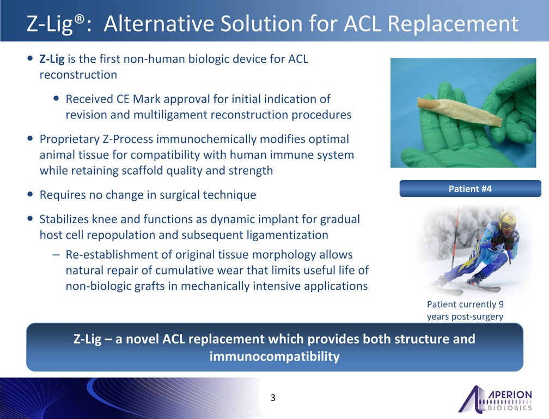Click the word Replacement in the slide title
[453, 24]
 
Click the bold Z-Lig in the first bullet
[52, 59]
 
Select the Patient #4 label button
[470, 189]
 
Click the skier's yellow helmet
[507, 219]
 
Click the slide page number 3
[273, 398]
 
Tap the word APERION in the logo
[510, 394]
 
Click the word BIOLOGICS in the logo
[510, 408]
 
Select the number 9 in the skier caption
[501, 304]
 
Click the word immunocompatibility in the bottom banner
[274, 357]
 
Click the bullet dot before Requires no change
[30, 194]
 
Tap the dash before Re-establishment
[56, 255]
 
